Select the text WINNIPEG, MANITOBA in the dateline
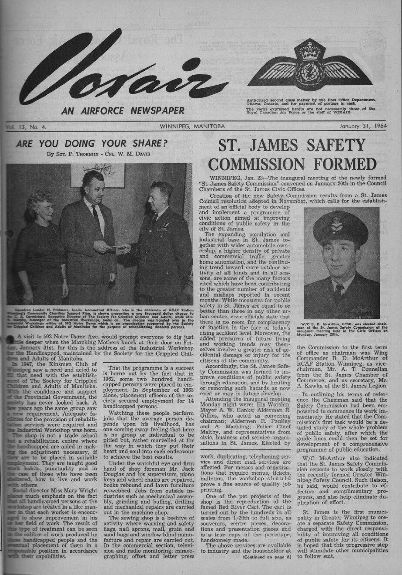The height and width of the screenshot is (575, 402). tap(192, 126)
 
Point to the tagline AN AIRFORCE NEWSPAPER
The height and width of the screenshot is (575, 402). tap(123, 111)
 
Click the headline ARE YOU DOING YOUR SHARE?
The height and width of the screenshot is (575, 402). tap(92, 143)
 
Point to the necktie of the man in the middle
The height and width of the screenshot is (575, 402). tap(95, 215)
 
